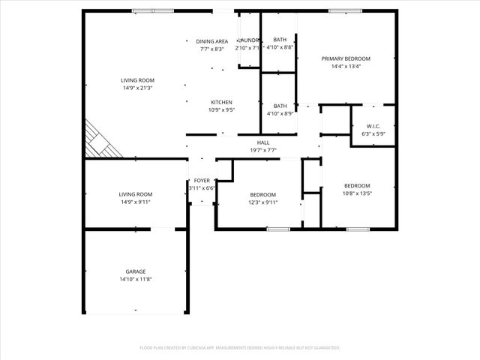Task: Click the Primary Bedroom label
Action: (x=346, y=58)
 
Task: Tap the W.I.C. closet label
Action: (x=373, y=126)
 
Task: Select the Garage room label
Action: (x=135, y=271)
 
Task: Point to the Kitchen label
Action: (x=220, y=102)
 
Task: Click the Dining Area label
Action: (x=212, y=41)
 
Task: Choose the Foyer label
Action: (x=202, y=181)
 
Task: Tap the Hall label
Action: (x=263, y=142)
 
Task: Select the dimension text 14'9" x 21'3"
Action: (x=137, y=88)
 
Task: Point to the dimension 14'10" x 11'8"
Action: (x=135, y=279)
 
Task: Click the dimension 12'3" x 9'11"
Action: (x=262, y=202)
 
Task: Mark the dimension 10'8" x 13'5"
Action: (x=357, y=193)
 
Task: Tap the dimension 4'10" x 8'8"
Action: (x=280, y=47)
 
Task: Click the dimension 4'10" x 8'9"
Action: (x=280, y=113)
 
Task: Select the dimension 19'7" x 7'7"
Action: (x=263, y=150)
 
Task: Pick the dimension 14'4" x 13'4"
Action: (x=346, y=66)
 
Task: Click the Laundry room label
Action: (x=248, y=40)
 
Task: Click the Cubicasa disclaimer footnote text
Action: (x=240, y=347)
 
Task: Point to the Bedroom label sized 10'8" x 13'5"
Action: (x=357, y=186)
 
